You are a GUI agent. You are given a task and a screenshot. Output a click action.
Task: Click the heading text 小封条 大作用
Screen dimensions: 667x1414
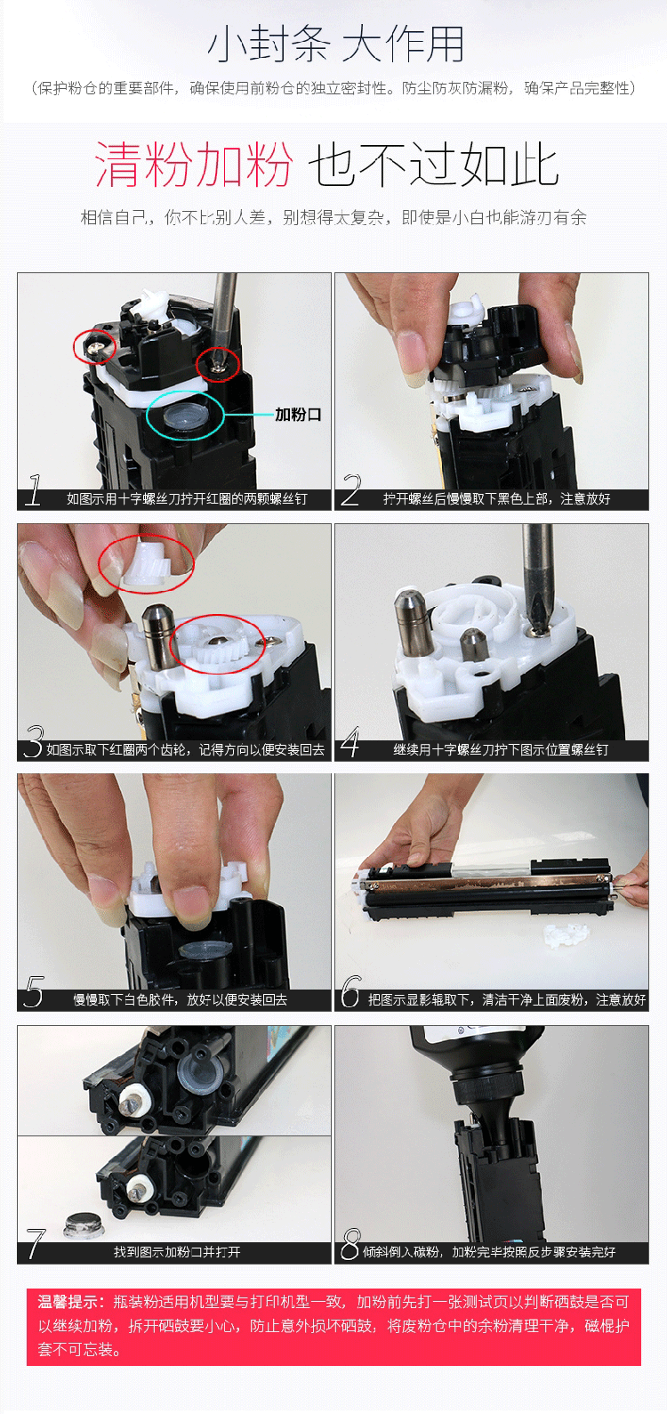(x=335, y=44)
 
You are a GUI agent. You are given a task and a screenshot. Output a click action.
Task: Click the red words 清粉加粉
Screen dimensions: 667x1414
(x=193, y=165)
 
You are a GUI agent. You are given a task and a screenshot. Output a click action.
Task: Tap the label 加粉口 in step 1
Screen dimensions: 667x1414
(x=298, y=415)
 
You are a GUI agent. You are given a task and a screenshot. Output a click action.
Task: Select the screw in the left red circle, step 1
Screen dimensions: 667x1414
(x=94, y=346)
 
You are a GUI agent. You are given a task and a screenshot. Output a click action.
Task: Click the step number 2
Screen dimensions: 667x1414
(x=351, y=489)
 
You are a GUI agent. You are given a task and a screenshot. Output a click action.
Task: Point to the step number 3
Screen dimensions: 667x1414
(x=34, y=741)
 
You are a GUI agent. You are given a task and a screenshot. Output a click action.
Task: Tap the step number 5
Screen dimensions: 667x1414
(x=34, y=991)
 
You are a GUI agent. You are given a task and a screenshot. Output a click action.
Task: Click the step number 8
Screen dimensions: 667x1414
(x=351, y=1243)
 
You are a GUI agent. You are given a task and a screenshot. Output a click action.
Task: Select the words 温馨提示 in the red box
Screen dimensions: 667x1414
(x=68, y=1302)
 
